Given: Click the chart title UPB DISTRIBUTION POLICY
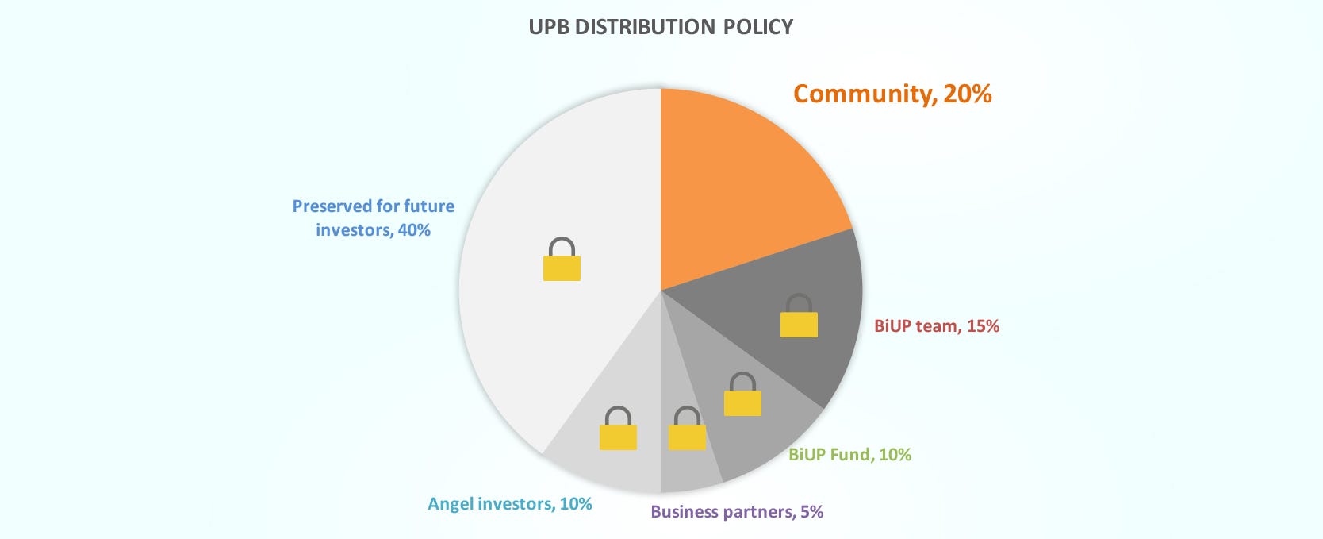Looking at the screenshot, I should tap(661, 27).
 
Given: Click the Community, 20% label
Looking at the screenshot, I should tap(892, 94).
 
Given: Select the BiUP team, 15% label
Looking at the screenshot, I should tap(936, 326).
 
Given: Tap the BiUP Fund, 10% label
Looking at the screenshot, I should tap(849, 455).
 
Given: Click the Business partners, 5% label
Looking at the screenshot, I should tap(737, 512).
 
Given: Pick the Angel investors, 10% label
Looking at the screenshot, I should tap(510, 504).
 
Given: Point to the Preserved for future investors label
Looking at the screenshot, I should tap(374, 218).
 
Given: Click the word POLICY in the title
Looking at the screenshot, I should tap(757, 27).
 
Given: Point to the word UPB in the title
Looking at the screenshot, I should tap(549, 27).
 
